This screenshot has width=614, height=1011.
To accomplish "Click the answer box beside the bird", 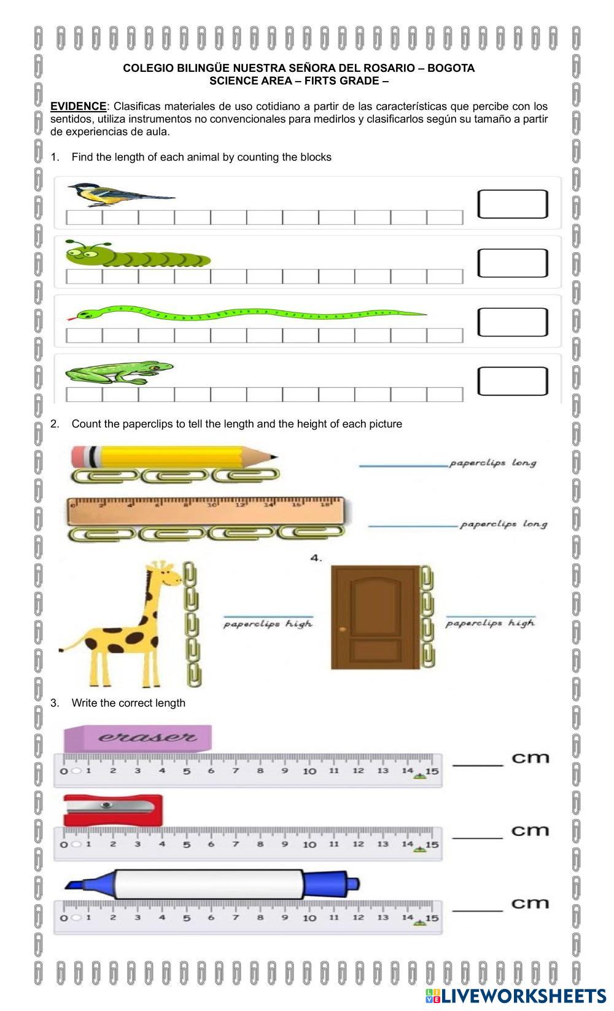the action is pos(513,204).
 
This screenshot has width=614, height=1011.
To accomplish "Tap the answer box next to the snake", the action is pos(513,322).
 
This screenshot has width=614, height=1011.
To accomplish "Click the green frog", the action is pos(119,373).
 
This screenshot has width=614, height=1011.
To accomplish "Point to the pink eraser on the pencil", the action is pos(79,457).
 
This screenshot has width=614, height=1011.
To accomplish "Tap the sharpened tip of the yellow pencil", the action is pos(275,457).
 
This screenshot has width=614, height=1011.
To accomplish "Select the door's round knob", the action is pos(343,630).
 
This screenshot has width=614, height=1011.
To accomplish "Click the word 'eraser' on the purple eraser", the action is pos(147,737).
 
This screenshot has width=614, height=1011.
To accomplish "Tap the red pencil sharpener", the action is pos(113,811).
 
